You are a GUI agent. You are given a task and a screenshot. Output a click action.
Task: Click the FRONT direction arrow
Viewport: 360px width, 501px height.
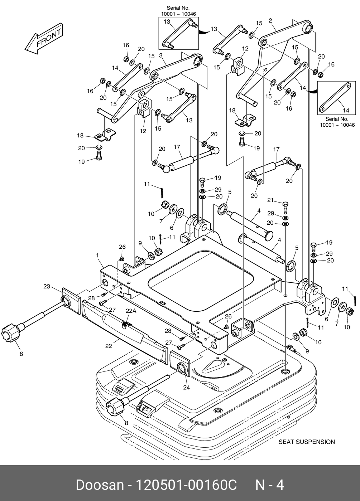point(44,39)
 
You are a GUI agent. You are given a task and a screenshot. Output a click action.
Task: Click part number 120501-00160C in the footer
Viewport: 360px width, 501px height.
point(186,485)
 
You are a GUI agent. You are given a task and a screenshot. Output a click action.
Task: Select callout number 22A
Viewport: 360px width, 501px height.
point(131,311)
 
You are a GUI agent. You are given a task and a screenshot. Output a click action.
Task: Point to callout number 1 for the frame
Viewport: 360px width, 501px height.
point(97,255)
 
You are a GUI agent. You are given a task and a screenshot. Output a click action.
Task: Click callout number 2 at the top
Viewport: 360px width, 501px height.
point(270,21)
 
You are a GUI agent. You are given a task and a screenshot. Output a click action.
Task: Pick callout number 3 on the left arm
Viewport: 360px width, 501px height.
point(161,55)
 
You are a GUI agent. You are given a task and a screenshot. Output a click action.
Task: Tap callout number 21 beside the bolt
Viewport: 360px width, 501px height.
point(270,200)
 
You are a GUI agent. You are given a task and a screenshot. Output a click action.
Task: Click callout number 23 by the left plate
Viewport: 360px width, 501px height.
point(47,286)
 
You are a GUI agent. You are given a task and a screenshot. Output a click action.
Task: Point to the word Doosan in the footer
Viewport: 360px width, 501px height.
point(100,485)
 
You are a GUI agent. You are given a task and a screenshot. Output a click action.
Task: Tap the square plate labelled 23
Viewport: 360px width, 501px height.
point(71,301)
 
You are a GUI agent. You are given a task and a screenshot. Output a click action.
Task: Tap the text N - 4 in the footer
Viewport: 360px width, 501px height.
point(270,485)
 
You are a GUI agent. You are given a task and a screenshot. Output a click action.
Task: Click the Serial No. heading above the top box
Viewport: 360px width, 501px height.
point(178,8)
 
